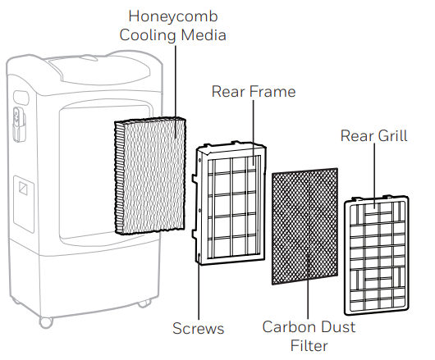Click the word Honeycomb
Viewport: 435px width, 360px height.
click(x=173, y=17)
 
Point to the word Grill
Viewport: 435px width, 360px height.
click(x=392, y=135)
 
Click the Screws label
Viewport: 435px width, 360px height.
click(x=198, y=328)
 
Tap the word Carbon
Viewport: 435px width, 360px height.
click(x=286, y=326)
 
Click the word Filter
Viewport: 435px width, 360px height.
click(x=309, y=345)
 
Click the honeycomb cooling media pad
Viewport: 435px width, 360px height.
click(x=150, y=175)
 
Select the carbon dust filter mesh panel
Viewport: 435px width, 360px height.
click(x=304, y=226)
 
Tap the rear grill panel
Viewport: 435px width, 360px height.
click(x=377, y=255)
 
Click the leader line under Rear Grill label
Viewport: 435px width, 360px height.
click(x=374, y=175)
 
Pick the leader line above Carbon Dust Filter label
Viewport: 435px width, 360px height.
click(x=308, y=285)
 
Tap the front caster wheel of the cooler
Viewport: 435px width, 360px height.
click(x=46, y=322)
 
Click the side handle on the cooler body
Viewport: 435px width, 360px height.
click(x=19, y=125)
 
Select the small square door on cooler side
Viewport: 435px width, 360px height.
click(x=24, y=204)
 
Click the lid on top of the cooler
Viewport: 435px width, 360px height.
click(x=100, y=70)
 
